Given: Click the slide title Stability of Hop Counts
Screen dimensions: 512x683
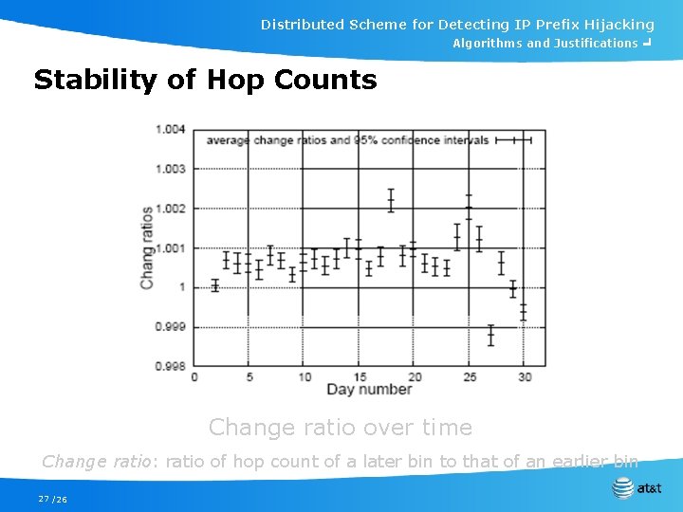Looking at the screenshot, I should (205, 80).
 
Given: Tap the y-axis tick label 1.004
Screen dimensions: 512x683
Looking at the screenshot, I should (172, 129).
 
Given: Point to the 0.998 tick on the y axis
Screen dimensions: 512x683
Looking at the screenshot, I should (172, 366).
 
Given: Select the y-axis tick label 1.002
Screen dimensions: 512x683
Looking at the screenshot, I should (172, 209).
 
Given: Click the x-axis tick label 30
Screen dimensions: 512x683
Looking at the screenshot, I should (525, 377).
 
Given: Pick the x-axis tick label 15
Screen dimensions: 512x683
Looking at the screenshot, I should (359, 377).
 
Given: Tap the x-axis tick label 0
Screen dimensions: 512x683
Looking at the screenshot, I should (194, 377).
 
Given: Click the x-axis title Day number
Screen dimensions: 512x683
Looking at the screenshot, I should (369, 390).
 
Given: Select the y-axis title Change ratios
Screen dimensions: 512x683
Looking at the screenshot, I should (147, 247).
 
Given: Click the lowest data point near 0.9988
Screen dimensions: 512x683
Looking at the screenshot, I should (490, 336).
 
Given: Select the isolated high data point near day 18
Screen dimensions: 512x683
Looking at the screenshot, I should (391, 199).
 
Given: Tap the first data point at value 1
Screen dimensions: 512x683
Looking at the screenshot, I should (215, 285).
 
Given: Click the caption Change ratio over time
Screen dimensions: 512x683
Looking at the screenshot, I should (341, 428).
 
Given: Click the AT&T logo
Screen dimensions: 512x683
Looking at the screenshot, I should (637, 488).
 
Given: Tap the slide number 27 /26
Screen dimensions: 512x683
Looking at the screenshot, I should (53, 499).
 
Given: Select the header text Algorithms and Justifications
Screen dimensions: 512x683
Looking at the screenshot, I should (545, 44).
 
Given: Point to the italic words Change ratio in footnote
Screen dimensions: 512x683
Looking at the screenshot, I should (99, 462).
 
